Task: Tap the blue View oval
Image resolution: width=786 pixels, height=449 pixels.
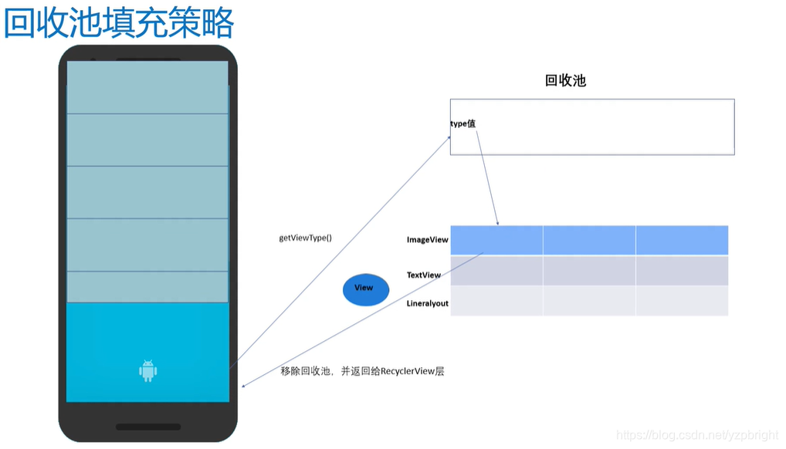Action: coord(364,289)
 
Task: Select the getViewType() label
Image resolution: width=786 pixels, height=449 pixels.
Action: coord(305,238)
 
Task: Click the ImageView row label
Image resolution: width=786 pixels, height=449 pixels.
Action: coord(427,240)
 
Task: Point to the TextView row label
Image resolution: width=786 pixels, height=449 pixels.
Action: coord(424,275)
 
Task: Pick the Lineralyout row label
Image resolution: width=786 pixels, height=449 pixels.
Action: coord(427,303)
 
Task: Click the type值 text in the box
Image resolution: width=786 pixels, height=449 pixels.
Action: coord(462,123)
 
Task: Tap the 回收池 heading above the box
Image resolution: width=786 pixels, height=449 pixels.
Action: coord(565,80)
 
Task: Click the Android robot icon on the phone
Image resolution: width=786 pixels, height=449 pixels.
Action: coord(147,371)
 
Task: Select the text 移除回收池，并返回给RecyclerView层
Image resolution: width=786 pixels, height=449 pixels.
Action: coord(362,371)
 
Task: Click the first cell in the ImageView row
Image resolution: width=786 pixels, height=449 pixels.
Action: coord(496,240)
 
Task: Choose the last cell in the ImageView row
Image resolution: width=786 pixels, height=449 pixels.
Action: coord(682,240)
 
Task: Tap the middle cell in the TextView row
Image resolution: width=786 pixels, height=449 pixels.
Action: coord(589,271)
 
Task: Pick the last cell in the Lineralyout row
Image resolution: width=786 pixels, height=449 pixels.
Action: coord(682,301)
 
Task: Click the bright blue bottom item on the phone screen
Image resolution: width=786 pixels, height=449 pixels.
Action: coord(147,352)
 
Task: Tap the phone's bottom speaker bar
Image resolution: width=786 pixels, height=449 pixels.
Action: coord(147,427)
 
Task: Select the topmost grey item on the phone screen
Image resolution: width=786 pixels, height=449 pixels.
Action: coord(147,87)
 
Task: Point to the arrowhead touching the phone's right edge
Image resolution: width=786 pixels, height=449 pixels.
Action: coord(242,386)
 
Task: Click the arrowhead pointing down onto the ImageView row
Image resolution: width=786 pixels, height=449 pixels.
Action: coord(498,223)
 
